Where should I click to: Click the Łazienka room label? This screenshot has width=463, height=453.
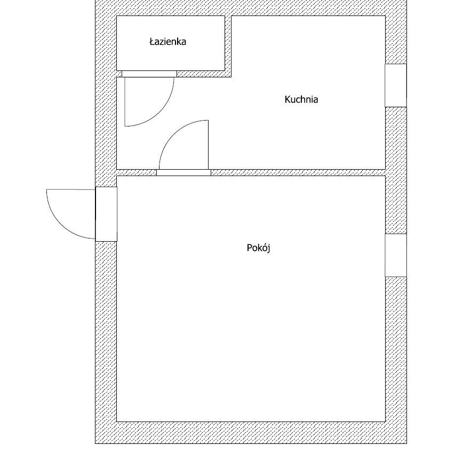[167, 42]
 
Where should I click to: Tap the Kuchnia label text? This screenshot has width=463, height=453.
[301, 100]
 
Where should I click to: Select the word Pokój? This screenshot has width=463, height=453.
[258, 248]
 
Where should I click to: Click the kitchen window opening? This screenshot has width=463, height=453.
[396, 85]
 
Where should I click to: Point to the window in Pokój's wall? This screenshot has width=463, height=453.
[396, 256]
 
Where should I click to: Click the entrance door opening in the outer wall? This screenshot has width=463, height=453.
[106, 214]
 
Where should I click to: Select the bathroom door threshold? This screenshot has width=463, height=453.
[149, 74]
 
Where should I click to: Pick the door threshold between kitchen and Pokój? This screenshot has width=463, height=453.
[183, 173]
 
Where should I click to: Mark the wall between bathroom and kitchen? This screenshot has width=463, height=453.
[228, 46]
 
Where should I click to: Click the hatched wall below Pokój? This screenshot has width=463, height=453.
[251, 433]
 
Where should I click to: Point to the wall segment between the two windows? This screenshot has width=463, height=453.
[396, 170]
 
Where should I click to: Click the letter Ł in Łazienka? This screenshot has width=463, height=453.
[152, 42]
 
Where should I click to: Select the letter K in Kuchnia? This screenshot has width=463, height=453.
[288, 100]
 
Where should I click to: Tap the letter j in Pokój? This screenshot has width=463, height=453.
[268, 249]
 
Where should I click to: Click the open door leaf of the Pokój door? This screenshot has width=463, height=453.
[208, 145]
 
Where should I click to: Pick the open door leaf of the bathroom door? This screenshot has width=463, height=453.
[125, 101]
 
